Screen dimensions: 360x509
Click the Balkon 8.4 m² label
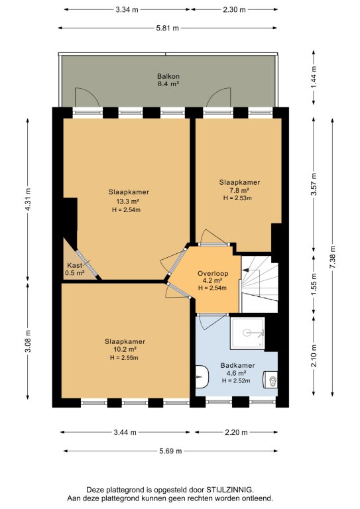(168, 80)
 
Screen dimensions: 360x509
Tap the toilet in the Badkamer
(270, 380)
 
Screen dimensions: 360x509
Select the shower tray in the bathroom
(247, 333)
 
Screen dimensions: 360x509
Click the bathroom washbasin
(202, 376)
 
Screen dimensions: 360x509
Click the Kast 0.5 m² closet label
(75, 269)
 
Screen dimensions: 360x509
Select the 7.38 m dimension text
(332, 256)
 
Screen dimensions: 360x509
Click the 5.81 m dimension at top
(167, 28)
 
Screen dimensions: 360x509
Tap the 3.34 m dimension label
(127, 9)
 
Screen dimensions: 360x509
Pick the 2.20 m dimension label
(236, 432)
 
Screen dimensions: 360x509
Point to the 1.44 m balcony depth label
(314, 77)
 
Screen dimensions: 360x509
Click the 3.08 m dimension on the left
(28, 341)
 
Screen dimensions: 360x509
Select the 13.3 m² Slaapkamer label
(129, 201)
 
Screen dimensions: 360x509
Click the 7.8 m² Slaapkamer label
(239, 190)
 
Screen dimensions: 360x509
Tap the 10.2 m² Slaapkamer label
(125, 350)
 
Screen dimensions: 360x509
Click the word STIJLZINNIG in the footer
(229, 490)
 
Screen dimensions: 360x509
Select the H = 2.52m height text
(236, 381)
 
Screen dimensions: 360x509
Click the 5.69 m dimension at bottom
(170, 451)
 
